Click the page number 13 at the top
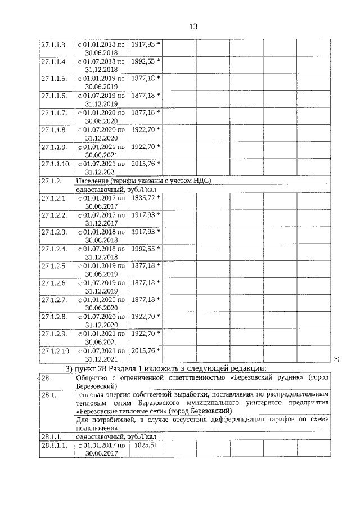tap(193, 26)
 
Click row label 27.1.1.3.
tap(54, 44)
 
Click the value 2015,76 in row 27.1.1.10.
tap(144, 164)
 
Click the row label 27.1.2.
tap(51, 181)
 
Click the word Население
tap(93, 181)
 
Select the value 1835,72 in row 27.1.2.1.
tap(144, 197)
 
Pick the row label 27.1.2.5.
tap(54, 265)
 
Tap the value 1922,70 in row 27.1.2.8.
tap(144, 317)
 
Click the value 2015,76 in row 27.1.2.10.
tap(144, 351)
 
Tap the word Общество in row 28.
tap(93, 378)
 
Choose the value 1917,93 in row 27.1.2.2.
tap(144, 215)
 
